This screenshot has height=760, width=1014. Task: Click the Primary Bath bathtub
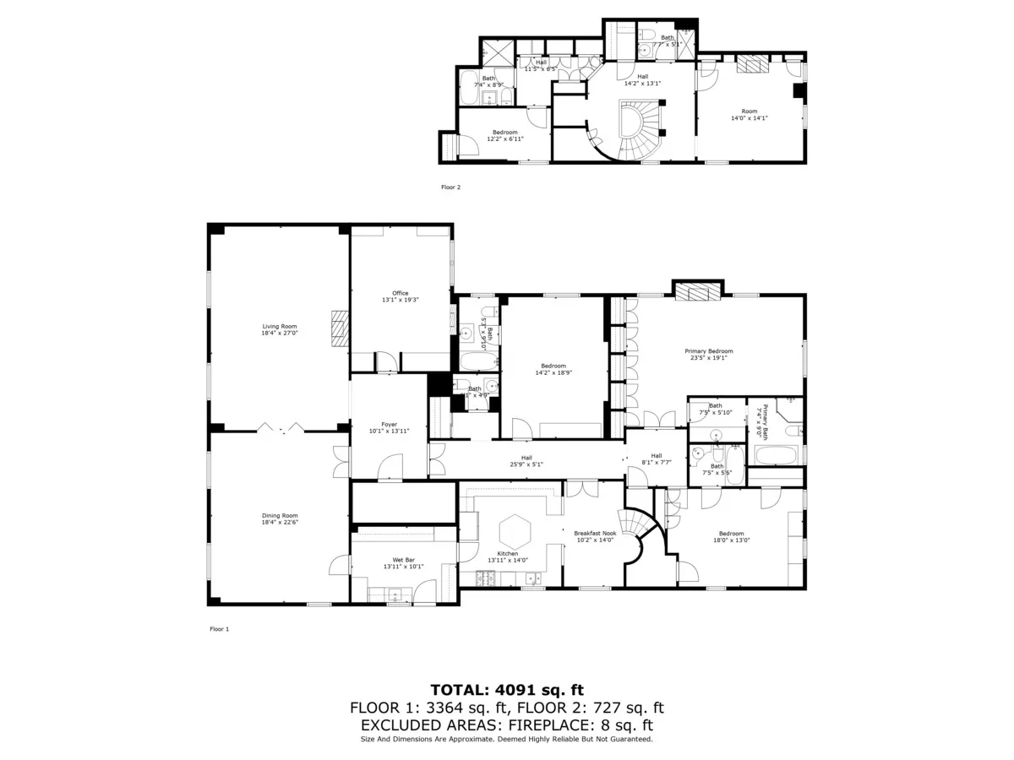click(x=776, y=457)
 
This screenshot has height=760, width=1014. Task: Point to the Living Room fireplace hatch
click(x=340, y=329)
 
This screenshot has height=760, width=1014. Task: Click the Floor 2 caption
click(x=450, y=187)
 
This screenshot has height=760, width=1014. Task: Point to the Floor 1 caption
click(x=219, y=629)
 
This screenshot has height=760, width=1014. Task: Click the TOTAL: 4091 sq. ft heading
click(x=507, y=690)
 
